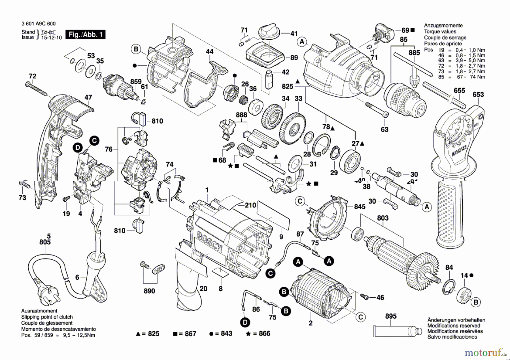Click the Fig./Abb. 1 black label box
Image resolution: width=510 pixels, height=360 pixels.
(x=85, y=35)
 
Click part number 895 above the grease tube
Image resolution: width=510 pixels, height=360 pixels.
(x=391, y=316)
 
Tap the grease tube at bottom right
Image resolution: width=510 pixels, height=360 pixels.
(x=397, y=331)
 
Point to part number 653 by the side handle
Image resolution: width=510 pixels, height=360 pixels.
(x=478, y=95)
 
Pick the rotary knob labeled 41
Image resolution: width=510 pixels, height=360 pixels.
(x=269, y=31)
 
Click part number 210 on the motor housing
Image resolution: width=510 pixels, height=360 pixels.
(x=250, y=205)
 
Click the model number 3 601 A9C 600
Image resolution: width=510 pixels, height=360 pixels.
(x=39, y=24)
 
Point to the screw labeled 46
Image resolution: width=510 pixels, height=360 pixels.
(x=365, y=297)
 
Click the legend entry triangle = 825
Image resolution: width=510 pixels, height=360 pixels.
(x=147, y=334)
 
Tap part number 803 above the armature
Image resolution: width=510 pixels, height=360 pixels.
(x=382, y=218)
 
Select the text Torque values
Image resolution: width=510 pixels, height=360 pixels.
(x=440, y=31)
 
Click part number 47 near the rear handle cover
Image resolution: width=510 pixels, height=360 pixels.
(x=88, y=97)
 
